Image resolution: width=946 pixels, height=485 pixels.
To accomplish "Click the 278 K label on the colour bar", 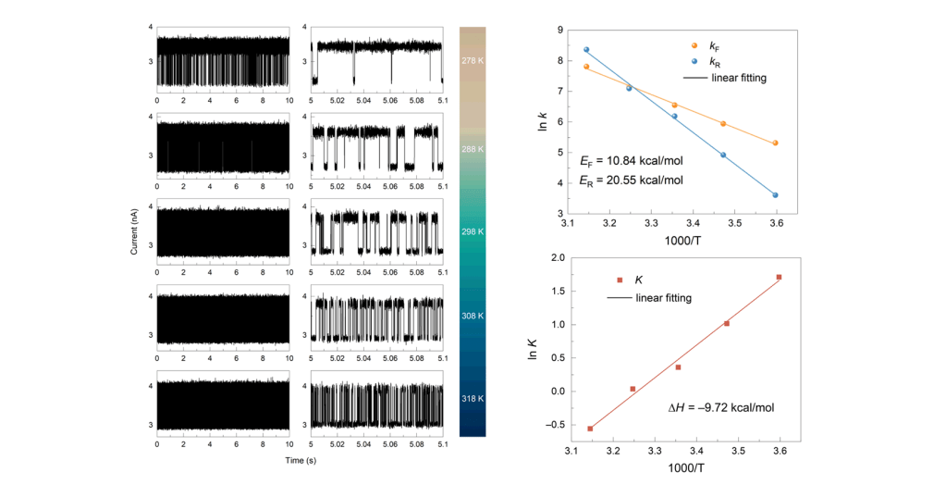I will [473, 60].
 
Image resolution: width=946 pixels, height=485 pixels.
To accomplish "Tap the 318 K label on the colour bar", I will [473, 398].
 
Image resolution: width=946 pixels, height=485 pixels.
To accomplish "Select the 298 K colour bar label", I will [473, 231].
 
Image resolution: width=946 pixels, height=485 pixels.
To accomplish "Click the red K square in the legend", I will [620, 280].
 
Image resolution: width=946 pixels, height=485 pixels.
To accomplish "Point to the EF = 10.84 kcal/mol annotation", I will [632, 161].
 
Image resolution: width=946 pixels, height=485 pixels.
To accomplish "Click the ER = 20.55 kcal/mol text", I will [632, 180].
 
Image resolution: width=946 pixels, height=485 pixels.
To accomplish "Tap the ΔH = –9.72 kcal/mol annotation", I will [720, 407].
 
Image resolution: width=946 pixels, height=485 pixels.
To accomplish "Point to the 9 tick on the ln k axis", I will [560, 31].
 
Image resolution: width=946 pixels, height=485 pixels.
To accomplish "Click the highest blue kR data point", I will [586, 49].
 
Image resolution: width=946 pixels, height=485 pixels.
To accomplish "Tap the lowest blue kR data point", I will [775, 195].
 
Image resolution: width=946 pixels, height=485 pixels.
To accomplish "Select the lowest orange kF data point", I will [775, 143].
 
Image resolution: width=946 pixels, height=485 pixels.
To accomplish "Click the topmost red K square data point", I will [780, 277].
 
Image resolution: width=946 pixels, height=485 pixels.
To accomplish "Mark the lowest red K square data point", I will [590, 429].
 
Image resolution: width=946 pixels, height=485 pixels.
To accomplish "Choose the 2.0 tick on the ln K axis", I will [557, 258].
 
